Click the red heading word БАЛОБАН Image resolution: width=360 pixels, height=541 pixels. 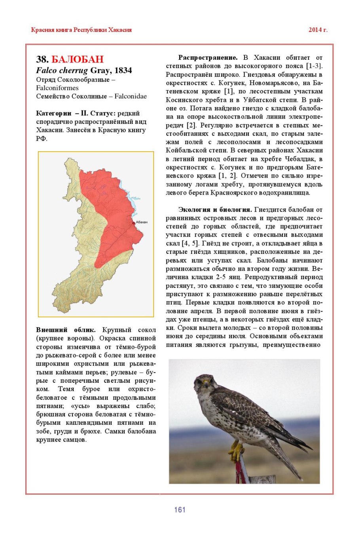pos(78,59)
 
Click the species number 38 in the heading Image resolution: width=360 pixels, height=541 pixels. pos(42,59)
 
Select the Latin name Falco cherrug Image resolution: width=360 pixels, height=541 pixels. pos(62,70)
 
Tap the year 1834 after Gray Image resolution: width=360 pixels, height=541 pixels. pos(123,70)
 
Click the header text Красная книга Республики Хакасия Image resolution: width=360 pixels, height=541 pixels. pos(81,30)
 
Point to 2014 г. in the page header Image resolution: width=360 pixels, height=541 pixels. pos(318,30)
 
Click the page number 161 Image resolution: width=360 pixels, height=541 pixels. pos(180,510)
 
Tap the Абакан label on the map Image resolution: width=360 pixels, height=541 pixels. pos(142,222)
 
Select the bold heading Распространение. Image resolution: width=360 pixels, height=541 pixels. pos(208,58)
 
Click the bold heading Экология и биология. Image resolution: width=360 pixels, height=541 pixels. pos(215,210)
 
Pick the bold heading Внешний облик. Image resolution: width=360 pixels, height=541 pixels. pos(66,330)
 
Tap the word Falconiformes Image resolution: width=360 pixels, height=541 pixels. pos(57,88)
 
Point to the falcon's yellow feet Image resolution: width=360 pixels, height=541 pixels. pos(236,450)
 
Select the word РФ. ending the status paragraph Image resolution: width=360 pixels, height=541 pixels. pos(42,138)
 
